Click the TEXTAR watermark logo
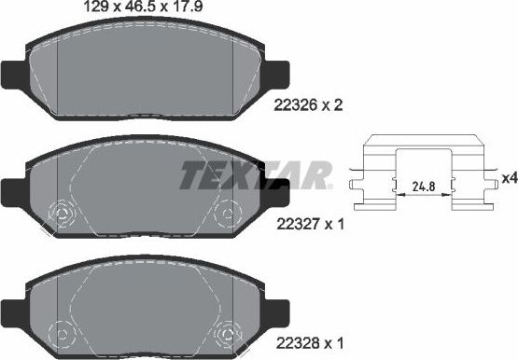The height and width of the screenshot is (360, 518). click(255, 173)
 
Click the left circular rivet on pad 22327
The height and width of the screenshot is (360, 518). click(62, 216)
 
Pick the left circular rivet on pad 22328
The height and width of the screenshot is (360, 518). click(62, 333)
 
